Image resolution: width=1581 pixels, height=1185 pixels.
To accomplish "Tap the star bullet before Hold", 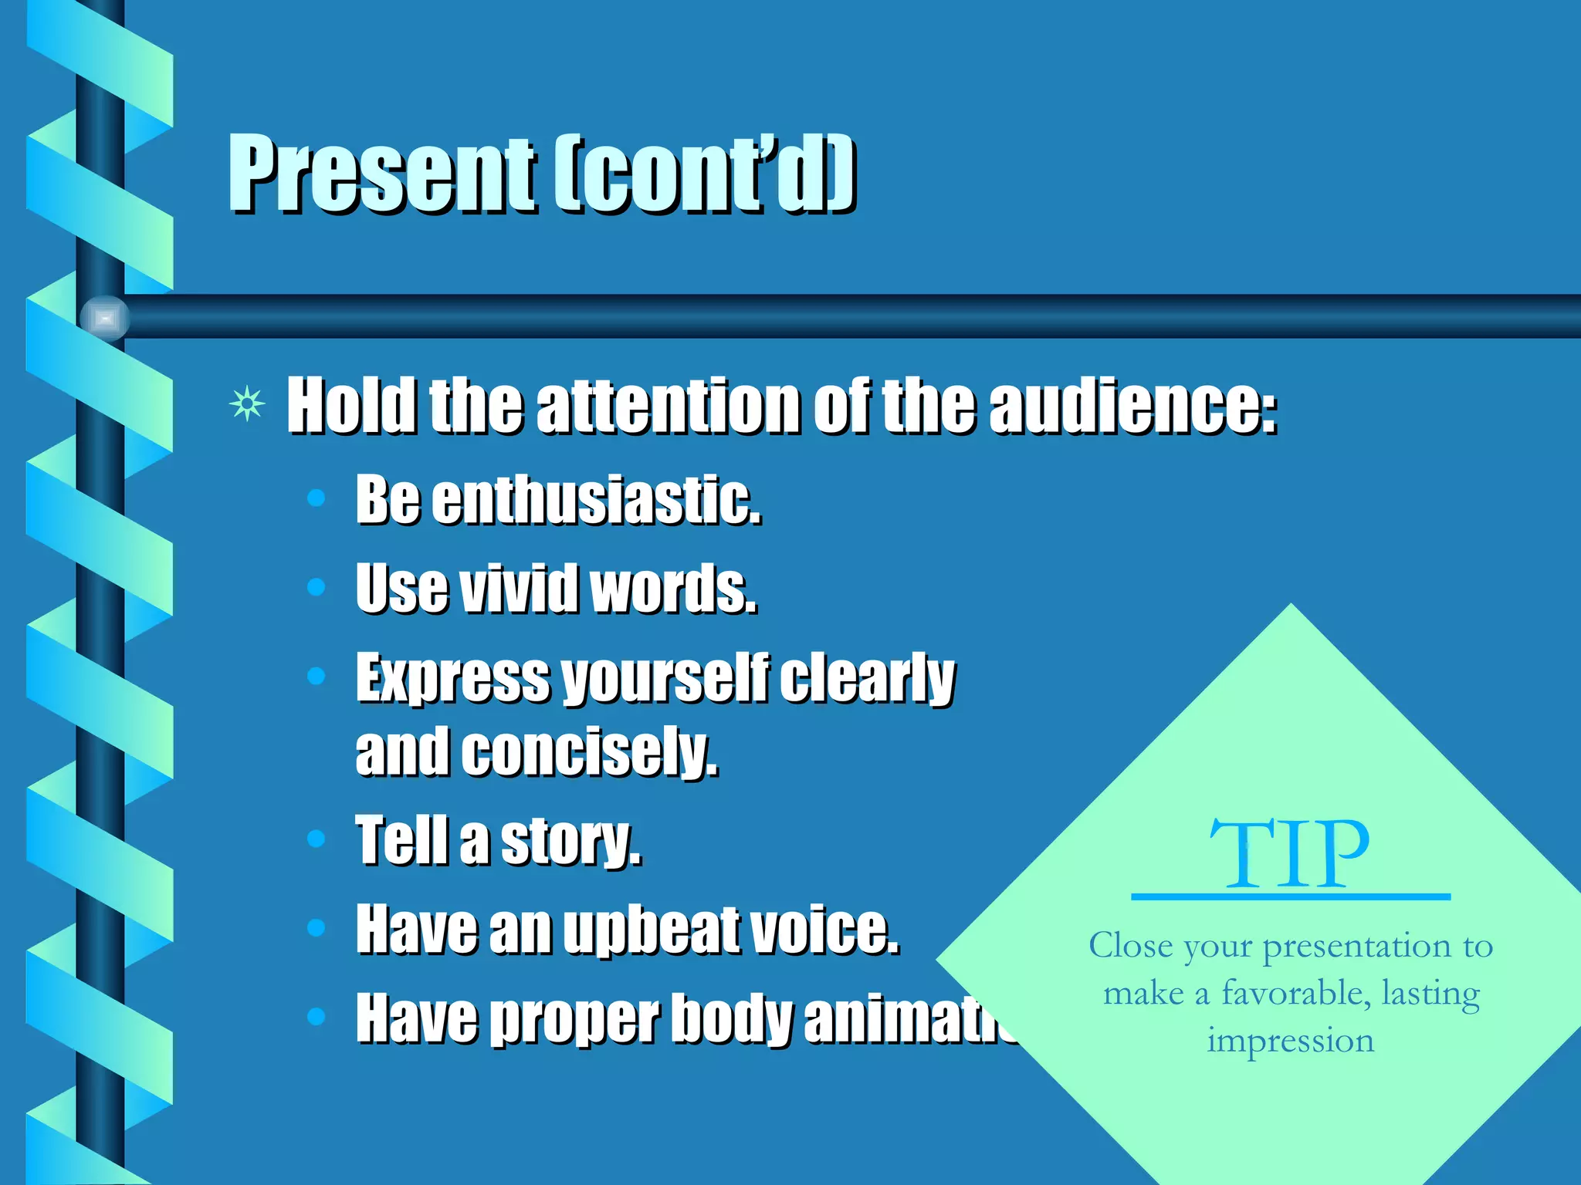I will click(x=247, y=405).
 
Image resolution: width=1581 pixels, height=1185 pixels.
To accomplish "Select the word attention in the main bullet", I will click(x=669, y=407).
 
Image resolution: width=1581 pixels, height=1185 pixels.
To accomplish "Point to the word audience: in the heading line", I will click(x=1133, y=407).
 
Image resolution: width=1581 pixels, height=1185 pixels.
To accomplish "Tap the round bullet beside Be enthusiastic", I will click(x=316, y=498).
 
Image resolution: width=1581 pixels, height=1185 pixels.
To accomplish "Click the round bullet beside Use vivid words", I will click(x=316, y=587).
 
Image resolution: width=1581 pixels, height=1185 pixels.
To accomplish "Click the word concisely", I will click(x=590, y=751).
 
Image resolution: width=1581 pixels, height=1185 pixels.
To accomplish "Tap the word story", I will click(x=570, y=841).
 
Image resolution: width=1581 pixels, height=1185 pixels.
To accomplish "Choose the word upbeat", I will click(x=652, y=930).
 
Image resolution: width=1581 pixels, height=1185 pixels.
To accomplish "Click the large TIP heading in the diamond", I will click(x=1290, y=854).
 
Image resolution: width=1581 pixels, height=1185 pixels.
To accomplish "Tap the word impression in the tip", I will click(x=1291, y=1042).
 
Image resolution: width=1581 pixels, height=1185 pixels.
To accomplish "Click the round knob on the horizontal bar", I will click(x=105, y=317).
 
